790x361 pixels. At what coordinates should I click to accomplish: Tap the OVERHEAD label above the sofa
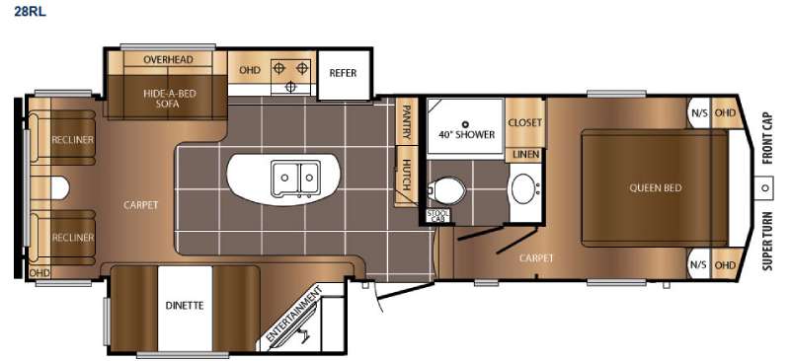coord(168,59)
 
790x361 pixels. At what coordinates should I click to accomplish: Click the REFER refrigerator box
coord(343,73)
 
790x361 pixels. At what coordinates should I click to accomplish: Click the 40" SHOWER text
coord(466,135)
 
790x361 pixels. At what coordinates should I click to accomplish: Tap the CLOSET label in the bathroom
coord(524,122)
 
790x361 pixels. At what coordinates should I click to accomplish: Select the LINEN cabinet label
coord(524,156)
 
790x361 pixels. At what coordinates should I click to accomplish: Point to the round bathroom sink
coord(523,188)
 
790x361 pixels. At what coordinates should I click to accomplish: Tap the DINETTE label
coord(185,305)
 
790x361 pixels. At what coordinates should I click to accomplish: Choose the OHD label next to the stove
coord(246,71)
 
